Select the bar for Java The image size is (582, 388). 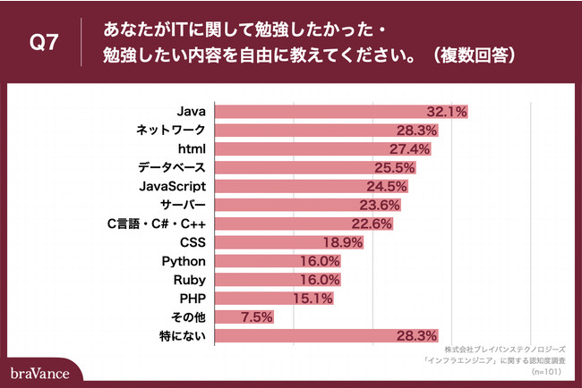[x=340, y=112]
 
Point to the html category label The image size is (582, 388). [x=192, y=149]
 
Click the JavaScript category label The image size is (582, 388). [x=174, y=186]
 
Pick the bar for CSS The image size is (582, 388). [x=288, y=242]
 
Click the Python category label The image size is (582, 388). [x=184, y=261]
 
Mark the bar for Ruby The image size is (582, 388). [x=278, y=280]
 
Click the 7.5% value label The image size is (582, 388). [x=256, y=317]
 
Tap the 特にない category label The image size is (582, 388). [x=182, y=336]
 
